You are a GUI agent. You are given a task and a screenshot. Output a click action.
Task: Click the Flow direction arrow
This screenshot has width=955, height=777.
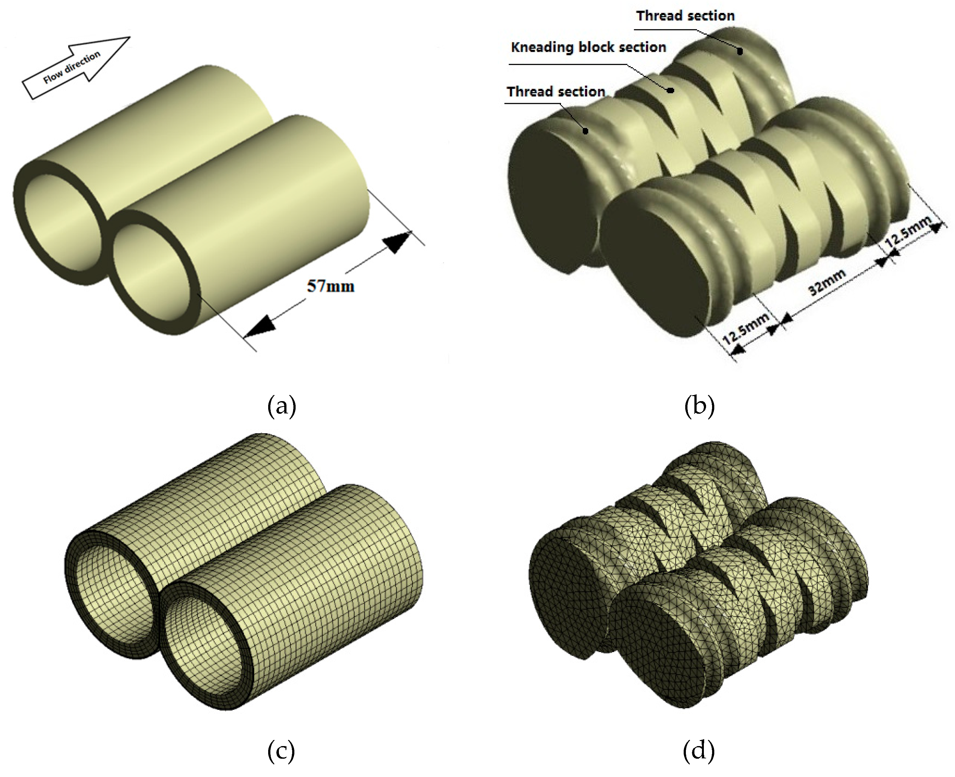[x=76, y=67]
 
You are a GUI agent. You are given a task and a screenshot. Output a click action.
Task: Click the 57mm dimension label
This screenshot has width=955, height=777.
[x=331, y=286]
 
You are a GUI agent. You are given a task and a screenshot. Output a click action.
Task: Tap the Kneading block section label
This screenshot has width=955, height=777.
[x=588, y=47]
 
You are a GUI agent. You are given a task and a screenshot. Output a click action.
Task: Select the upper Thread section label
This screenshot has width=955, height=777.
[x=685, y=16]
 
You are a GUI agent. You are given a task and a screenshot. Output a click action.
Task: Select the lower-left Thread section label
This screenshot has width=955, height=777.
[x=556, y=92]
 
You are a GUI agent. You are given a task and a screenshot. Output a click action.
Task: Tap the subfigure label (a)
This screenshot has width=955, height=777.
[x=281, y=406]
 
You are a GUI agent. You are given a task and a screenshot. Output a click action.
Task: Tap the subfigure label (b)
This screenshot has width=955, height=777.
[x=699, y=406]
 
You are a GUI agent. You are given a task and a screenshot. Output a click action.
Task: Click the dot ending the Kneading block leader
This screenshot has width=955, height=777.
[x=670, y=90]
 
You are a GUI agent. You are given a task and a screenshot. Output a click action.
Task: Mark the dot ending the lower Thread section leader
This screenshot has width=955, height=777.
[x=585, y=131]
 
